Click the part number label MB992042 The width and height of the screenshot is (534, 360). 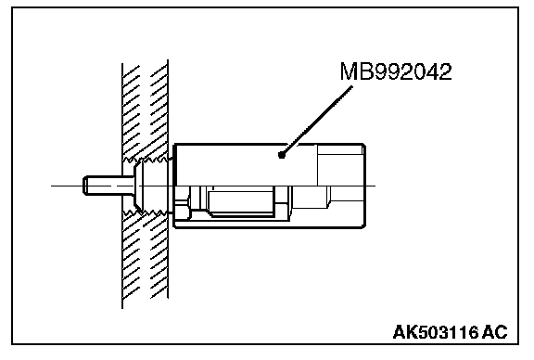[x=396, y=71]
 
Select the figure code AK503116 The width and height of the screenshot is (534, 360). [x=436, y=332]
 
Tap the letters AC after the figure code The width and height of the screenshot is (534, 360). [x=495, y=332]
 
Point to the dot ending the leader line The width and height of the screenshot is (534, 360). [x=281, y=155]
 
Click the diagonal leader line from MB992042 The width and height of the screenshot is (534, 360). [x=317, y=121]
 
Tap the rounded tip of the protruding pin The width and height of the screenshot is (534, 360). [x=85, y=186]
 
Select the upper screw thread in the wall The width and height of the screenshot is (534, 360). [x=146, y=160]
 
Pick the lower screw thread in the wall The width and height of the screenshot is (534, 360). [x=146, y=213]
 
